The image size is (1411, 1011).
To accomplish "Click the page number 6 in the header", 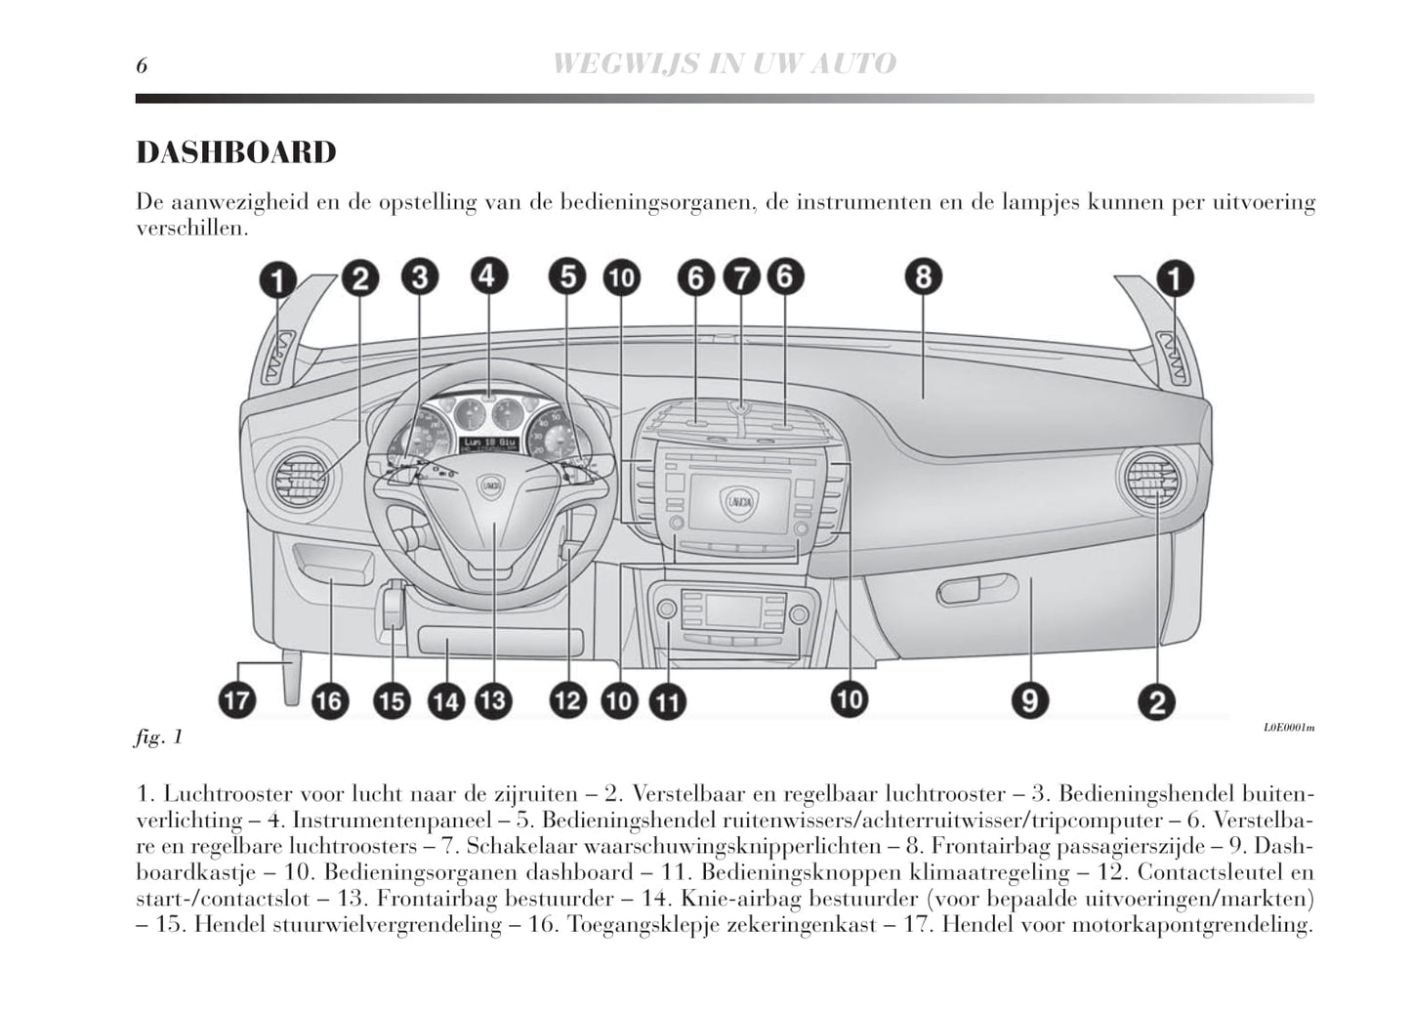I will (142, 65).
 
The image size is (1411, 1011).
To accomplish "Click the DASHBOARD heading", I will (236, 152).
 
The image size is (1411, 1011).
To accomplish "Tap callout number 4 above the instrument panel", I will (489, 276).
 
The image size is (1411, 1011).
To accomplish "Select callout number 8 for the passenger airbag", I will (923, 276).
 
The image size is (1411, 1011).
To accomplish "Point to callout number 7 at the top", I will (741, 278).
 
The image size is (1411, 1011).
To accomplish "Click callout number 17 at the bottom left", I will (237, 699).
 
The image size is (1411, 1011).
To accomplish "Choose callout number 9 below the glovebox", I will (1029, 699).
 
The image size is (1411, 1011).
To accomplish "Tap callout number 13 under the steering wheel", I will (493, 699).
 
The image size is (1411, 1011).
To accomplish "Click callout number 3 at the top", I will (420, 278).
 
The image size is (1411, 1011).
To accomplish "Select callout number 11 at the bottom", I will (669, 701).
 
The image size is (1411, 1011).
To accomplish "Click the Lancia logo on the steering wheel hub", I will (489, 484).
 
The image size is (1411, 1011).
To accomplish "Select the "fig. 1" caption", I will (158, 737).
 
